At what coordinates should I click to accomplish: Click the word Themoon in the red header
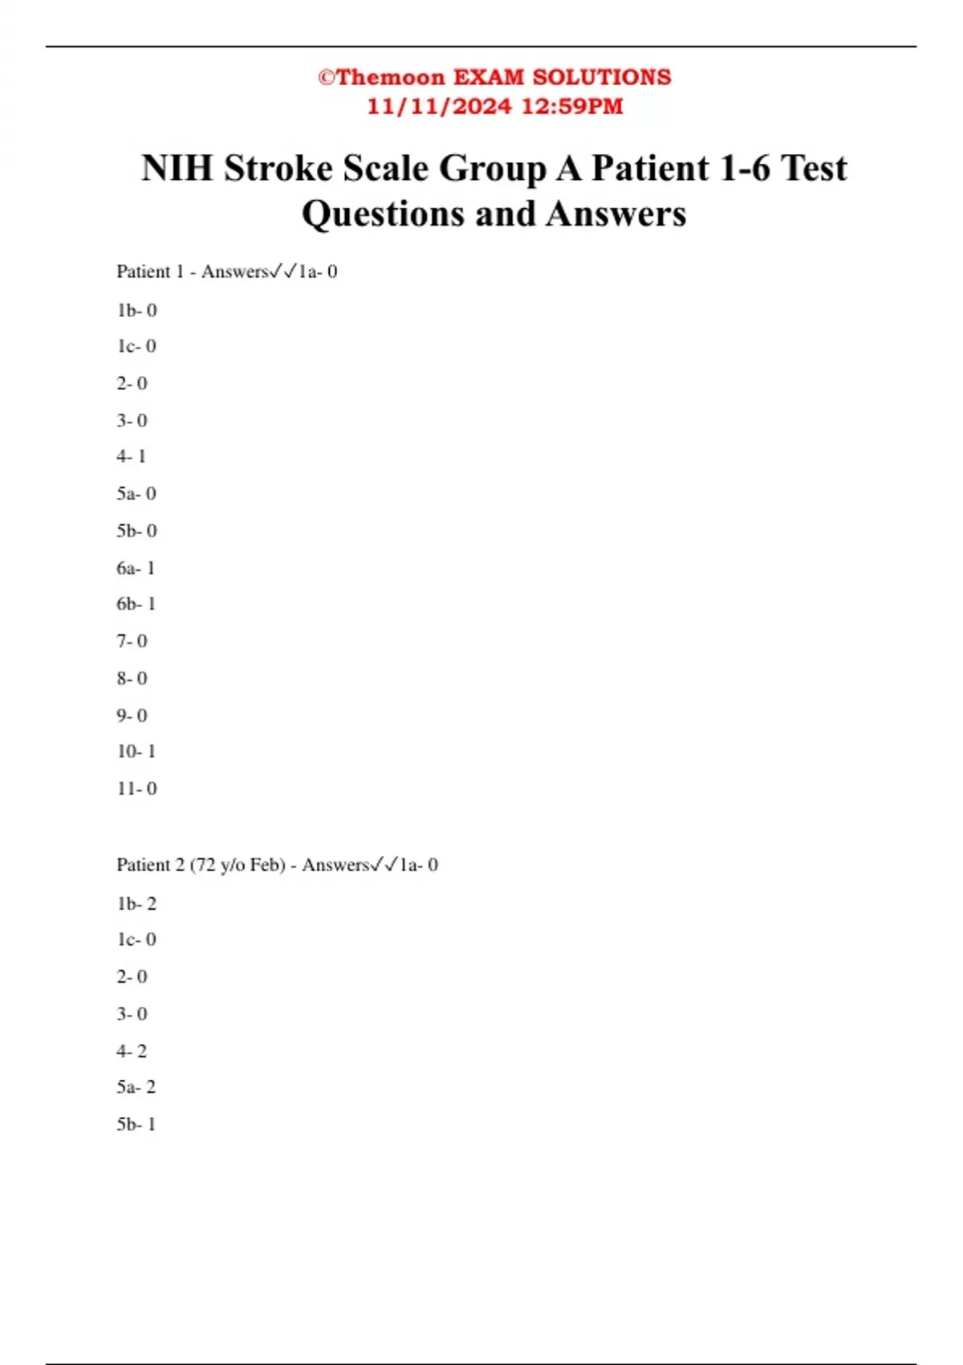[x=391, y=77]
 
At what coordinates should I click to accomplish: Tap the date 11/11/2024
[x=439, y=106]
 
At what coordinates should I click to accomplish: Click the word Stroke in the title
[x=278, y=169]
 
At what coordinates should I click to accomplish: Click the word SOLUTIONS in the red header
[x=602, y=77]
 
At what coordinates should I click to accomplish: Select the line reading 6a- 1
[x=136, y=568]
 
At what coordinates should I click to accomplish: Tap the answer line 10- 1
[x=136, y=752]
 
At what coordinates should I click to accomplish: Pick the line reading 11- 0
[x=136, y=788]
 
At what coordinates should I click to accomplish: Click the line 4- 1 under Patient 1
[x=132, y=457]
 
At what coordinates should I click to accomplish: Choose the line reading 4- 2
[x=132, y=1051]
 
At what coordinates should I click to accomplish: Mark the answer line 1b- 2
[x=136, y=904]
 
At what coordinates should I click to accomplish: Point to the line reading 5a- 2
[x=136, y=1087]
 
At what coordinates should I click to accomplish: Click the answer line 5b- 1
[x=136, y=1124]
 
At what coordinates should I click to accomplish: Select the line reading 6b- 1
[x=136, y=604]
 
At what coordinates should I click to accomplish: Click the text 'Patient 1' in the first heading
[x=150, y=272]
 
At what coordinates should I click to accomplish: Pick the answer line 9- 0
[x=132, y=715]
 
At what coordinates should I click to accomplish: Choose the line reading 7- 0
[x=132, y=642]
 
